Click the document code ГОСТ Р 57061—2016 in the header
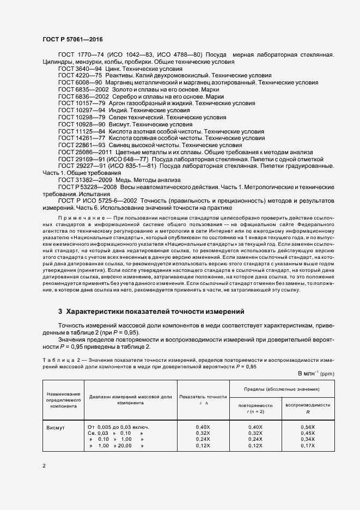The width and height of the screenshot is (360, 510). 72,40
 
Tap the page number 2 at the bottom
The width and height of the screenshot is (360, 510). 44,466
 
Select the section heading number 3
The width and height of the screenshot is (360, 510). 60,312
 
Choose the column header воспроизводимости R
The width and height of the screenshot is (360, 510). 308,409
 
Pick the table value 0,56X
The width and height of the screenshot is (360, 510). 308,427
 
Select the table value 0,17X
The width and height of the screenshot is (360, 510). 308,446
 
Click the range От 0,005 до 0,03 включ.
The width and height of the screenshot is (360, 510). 118,427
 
